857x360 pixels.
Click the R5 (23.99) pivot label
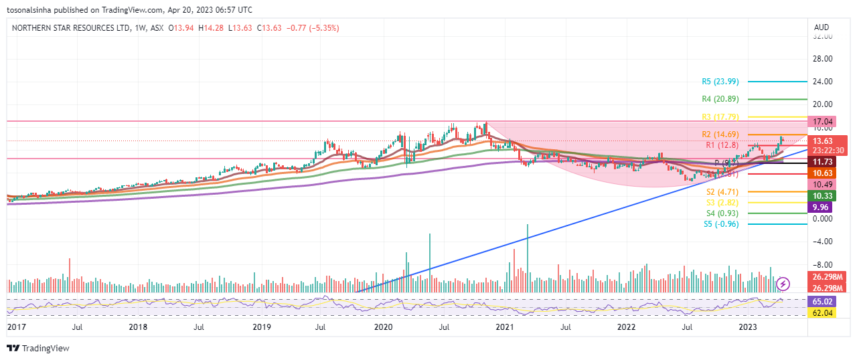point(720,82)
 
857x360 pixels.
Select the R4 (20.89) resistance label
point(720,99)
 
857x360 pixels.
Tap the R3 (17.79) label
point(720,117)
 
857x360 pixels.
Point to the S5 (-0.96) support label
point(721,224)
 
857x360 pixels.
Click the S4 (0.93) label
point(720,213)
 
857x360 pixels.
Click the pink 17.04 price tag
point(822,122)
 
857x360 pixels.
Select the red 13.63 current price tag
point(822,141)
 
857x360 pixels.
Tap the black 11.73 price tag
point(822,162)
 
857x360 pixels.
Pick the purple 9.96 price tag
point(820,207)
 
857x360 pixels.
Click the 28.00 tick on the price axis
point(822,59)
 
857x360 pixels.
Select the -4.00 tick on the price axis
point(822,242)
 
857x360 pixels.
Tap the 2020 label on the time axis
point(383,327)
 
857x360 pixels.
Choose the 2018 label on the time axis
point(138,327)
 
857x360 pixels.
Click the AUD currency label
point(821,27)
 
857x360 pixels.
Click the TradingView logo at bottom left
point(38,349)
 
